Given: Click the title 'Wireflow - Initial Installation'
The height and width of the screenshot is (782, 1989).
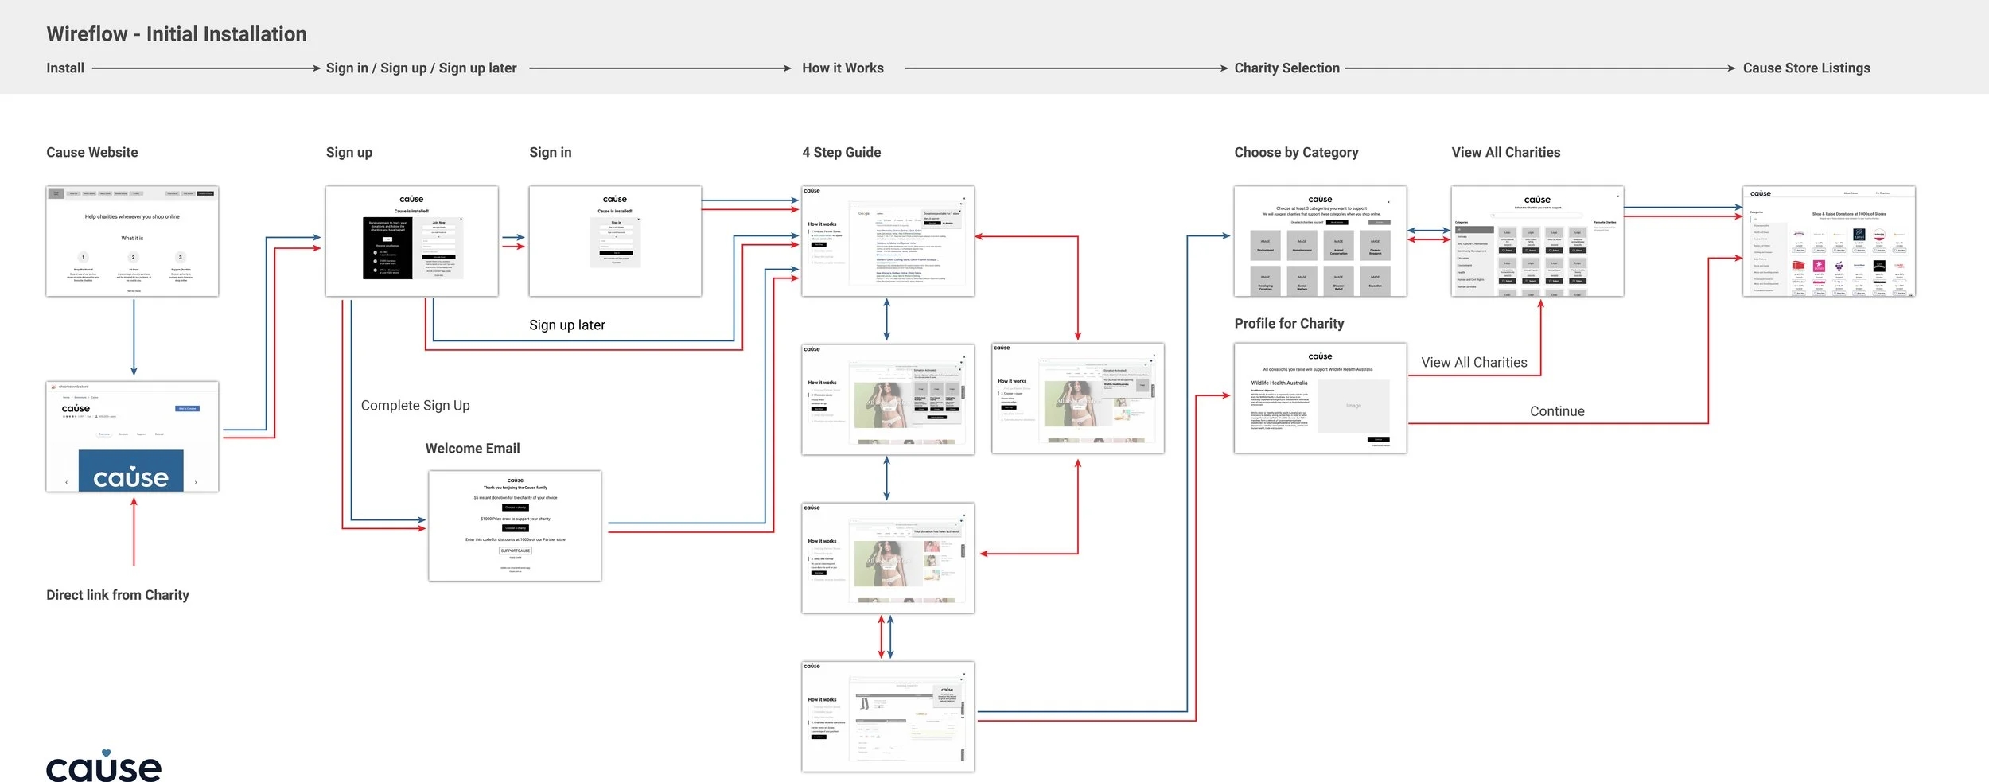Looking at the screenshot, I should click(176, 34).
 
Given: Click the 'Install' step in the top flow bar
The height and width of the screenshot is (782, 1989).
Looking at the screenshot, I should click(65, 68).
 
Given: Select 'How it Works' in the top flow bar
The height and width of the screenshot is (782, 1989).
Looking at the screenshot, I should click(843, 68).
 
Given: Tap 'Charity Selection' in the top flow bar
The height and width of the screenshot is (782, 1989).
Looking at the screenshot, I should click(1286, 68).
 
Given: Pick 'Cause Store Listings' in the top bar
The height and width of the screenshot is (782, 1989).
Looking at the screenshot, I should click(1806, 68).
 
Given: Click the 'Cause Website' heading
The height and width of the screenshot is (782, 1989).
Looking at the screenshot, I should click(91, 152).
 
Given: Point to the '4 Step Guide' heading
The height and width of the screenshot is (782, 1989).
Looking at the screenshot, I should click(841, 152).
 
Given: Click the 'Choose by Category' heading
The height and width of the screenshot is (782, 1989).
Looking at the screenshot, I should click(1296, 152).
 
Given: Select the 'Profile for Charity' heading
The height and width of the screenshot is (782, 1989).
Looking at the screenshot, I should click(1289, 323).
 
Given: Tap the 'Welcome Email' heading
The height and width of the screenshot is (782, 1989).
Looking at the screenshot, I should click(473, 449).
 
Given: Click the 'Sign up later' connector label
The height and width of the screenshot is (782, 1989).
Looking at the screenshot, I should click(567, 325).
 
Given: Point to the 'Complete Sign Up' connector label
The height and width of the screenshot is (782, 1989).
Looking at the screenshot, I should click(415, 405).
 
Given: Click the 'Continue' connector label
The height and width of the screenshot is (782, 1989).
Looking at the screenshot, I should click(1557, 411).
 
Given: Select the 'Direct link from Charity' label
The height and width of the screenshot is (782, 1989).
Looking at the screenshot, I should click(118, 595).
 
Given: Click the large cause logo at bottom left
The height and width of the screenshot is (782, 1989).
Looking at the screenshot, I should click(103, 766).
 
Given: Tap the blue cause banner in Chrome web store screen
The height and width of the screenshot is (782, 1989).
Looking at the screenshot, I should click(131, 471).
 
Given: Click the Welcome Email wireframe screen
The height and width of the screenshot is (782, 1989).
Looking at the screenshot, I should click(515, 526).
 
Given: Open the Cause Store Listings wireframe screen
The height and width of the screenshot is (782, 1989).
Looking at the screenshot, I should click(1828, 242).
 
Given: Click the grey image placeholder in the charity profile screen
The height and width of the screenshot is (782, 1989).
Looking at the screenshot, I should click(1353, 406).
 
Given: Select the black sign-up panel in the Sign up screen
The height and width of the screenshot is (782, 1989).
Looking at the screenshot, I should click(387, 247).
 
